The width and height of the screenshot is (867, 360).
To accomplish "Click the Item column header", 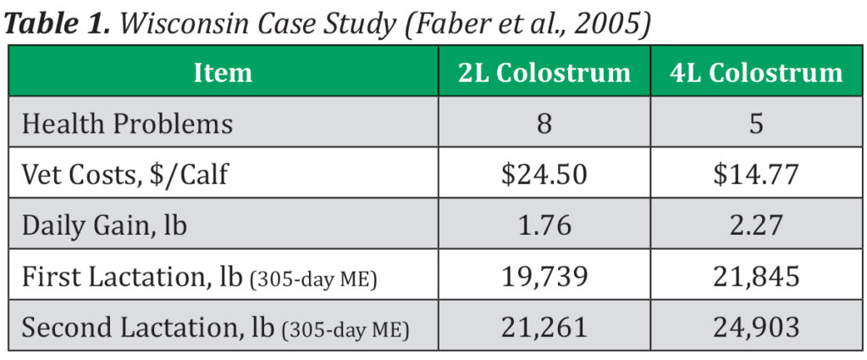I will click(223, 73).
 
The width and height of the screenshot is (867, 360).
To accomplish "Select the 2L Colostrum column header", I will click(544, 73).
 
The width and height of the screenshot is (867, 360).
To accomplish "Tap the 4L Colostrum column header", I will click(756, 73).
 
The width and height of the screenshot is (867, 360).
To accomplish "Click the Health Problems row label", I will click(127, 125).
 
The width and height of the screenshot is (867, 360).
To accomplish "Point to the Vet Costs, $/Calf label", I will click(125, 175).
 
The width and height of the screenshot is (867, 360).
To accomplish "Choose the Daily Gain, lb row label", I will click(104, 226).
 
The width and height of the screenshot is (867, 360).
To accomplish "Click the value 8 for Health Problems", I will click(544, 125).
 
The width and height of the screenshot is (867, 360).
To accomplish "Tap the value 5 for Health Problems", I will click(756, 125).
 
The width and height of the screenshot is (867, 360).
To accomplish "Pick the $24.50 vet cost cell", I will click(544, 175).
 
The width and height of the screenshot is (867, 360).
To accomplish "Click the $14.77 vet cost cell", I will click(756, 175).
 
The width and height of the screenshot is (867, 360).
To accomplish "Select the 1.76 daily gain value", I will click(544, 226).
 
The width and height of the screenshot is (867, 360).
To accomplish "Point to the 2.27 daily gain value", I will click(756, 226).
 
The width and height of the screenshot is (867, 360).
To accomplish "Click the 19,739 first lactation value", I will click(544, 277).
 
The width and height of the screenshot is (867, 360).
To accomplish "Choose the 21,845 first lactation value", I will click(756, 277).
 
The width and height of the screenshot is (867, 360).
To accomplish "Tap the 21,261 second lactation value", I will click(544, 328).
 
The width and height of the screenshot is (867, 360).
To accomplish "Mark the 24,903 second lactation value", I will click(756, 328).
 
